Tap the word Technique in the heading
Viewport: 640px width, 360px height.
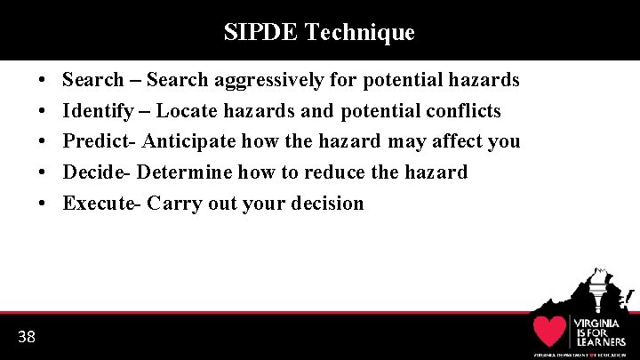(x=359, y=33)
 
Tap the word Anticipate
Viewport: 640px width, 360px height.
(x=187, y=141)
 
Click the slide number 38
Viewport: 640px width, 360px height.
(x=27, y=336)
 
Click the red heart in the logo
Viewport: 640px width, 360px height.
(x=550, y=331)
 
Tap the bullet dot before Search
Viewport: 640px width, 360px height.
(x=44, y=81)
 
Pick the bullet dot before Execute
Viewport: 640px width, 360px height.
(x=44, y=203)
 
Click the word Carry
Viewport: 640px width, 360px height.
(x=174, y=203)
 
